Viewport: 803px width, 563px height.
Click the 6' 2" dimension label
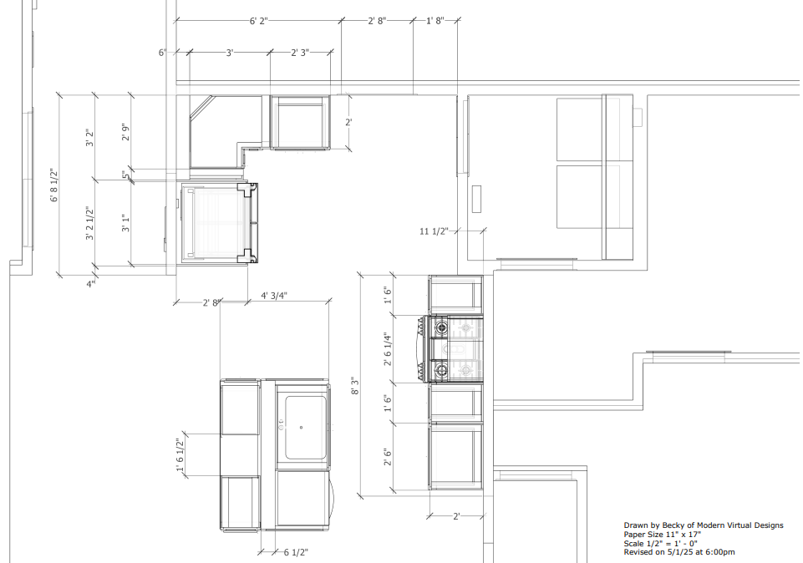[x=259, y=21]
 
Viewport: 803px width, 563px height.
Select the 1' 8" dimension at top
[x=435, y=21]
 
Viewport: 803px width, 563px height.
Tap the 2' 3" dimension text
[x=300, y=53]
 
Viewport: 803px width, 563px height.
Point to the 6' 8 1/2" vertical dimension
[x=55, y=185]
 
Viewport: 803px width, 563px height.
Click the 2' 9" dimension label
[x=125, y=131]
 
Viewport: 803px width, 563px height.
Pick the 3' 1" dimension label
[x=125, y=223]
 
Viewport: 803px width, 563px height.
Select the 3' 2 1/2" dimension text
[x=90, y=223]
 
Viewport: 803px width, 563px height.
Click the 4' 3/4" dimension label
[x=274, y=296]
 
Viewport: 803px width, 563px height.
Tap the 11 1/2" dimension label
[x=434, y=231]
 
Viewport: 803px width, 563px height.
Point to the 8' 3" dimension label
[x=354, y=386]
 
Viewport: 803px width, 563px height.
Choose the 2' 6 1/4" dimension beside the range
[x=388, y=349]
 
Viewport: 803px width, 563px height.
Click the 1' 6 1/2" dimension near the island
[x=180, y=455]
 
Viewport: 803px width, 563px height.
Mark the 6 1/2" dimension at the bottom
[x=296, y=553]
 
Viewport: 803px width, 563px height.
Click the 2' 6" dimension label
[x=388, y=457]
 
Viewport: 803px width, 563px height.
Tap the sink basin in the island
[x=305, y=428]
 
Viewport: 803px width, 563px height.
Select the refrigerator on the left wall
[x=218, y=223]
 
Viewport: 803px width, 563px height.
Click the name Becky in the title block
[x=673, y=525]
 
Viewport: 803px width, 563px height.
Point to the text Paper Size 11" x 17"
[x=662, y=535]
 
